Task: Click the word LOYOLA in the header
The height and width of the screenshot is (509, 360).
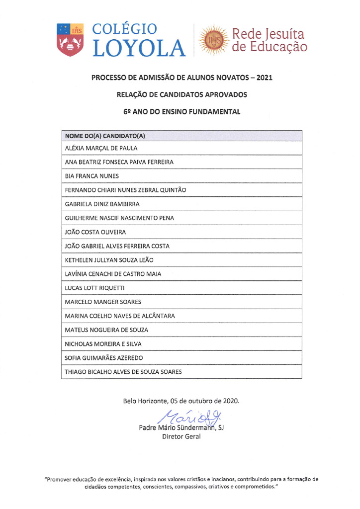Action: click(x=139, y=48)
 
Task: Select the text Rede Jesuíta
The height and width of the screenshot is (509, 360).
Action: click(x=269, y=34)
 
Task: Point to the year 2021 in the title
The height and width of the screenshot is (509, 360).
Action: click(x=262, y=78)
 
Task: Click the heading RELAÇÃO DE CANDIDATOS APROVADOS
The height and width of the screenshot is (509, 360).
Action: click(x=181, y=94)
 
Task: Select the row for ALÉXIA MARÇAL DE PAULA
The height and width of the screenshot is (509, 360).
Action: click(x=101, y=148)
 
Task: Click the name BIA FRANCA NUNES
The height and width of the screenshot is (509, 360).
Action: click(x=92, y=176)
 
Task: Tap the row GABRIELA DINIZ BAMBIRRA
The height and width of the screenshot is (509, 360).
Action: click(x=102, y=204)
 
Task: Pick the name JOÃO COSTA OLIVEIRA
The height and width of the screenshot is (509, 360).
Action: click(x=95, y=232)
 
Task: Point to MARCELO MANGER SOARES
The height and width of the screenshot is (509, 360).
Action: click(x=103, y=302)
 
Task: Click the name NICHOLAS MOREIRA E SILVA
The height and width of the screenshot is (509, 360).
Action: click(x=103, y=343)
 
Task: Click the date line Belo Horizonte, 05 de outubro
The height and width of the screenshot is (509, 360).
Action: click(x=181, y=401)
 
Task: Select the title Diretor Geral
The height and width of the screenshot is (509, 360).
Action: click(x=181, y=437)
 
